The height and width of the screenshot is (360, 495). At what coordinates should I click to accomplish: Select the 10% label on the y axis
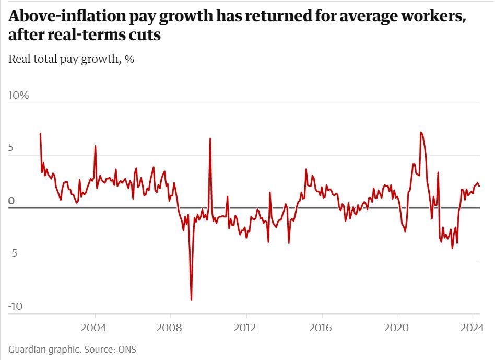[19, 96]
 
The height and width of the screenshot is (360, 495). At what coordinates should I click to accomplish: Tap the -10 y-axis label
[16, 307]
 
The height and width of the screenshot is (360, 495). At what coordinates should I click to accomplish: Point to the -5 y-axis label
[14, 254]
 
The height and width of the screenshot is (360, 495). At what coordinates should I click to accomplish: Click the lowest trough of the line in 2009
[191, 300]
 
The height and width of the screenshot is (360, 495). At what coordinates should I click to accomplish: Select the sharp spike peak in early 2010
[210, 138]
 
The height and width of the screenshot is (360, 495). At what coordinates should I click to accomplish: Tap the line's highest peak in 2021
[420, 132]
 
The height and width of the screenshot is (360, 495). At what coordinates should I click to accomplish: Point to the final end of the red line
[479, 186]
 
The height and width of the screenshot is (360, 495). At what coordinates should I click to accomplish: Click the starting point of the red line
[40, 133]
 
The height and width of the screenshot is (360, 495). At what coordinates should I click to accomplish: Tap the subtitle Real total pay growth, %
[72, 59]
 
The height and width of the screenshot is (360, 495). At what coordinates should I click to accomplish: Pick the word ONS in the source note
[127, 349]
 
